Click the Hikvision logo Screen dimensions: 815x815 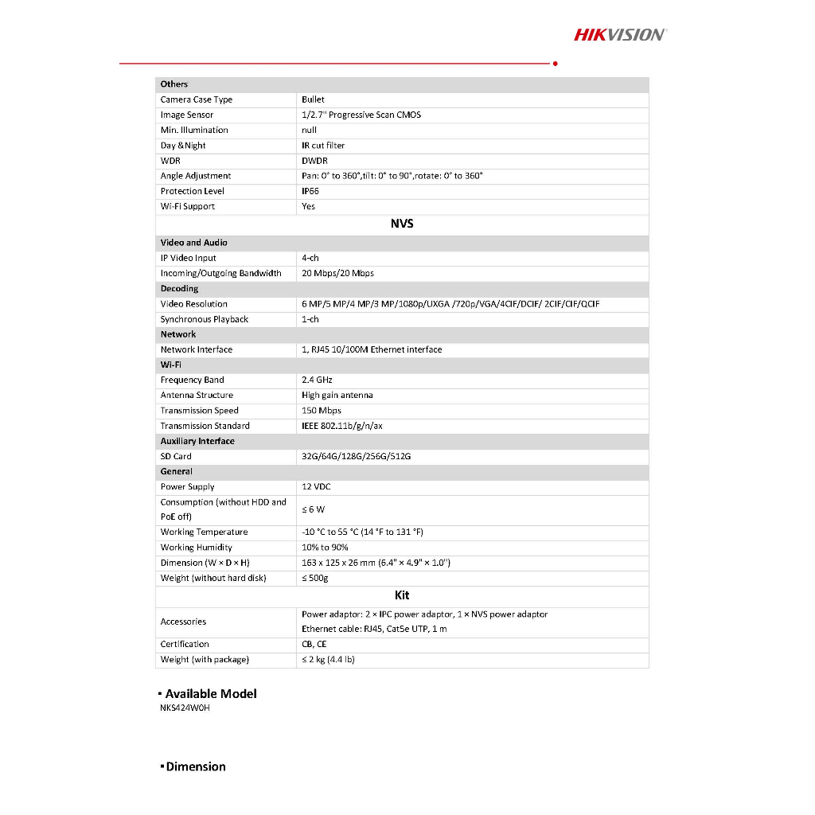coord(620,34)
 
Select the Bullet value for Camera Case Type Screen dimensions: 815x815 coord(313,99)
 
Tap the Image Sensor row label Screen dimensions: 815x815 coord(187,115)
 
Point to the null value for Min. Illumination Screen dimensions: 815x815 coord(309,130)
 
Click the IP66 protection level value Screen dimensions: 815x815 coord(310,191)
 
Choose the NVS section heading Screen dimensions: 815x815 coord(402,224)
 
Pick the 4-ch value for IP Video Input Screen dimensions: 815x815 coord(310,258)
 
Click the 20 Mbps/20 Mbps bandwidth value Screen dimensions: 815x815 coord(337,273)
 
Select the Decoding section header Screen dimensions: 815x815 coord(179,288)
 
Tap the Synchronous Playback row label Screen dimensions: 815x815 coord(205,319)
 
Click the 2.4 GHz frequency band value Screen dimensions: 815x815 coord(317,380)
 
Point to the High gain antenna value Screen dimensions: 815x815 coord(337,395)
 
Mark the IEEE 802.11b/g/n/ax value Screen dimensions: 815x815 coord(342,426)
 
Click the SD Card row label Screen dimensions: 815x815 coord(176,456)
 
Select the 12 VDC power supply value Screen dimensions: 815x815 coord(318,486)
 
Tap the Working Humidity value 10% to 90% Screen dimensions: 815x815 coord(325,547)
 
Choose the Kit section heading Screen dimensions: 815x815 coord(402,595)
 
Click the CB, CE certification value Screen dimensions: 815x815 coord(314,644)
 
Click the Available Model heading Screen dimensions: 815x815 coord(211,693)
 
